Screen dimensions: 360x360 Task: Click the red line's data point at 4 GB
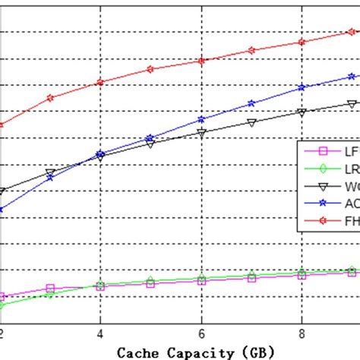100,82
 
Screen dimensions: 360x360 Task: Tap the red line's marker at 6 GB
201,61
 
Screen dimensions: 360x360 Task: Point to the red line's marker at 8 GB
302,42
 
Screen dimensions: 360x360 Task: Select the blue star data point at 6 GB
201,119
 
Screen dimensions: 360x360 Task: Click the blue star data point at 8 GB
302,87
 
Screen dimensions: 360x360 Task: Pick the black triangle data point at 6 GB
201,133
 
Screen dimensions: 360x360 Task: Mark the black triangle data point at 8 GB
302,112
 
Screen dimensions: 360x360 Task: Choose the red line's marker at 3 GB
50,98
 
